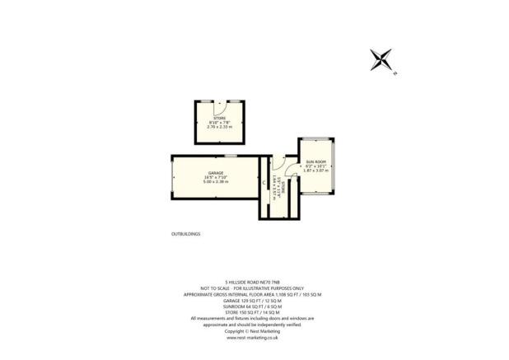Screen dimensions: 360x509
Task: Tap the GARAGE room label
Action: tap(216, 172)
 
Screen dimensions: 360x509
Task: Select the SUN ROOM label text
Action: tap(316, 161)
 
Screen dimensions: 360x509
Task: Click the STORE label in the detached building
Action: tap(219, 119)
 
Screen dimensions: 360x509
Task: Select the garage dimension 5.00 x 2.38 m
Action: tap(216, 182)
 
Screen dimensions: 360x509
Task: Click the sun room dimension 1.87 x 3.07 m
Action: tap(316, 171)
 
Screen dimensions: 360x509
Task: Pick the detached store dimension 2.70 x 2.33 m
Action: tap(219, 129)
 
